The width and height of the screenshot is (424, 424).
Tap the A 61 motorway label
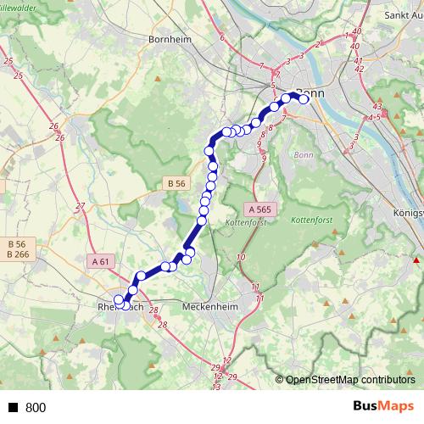[x=100, y=262]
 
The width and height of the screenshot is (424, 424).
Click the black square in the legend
[x=12, y=408]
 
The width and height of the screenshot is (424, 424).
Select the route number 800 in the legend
[x=36, y=408]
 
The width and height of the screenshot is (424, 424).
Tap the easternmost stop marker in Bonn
[x=303, y=99]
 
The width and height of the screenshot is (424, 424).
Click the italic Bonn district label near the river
[x=303, y=155]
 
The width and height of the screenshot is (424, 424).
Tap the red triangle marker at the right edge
[x=416, y=259]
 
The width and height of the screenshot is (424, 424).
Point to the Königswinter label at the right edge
[x=410, y=213]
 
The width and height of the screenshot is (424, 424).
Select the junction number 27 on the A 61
[x=81, y=206]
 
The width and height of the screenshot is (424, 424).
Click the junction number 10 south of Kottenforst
[x=241, y=257]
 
